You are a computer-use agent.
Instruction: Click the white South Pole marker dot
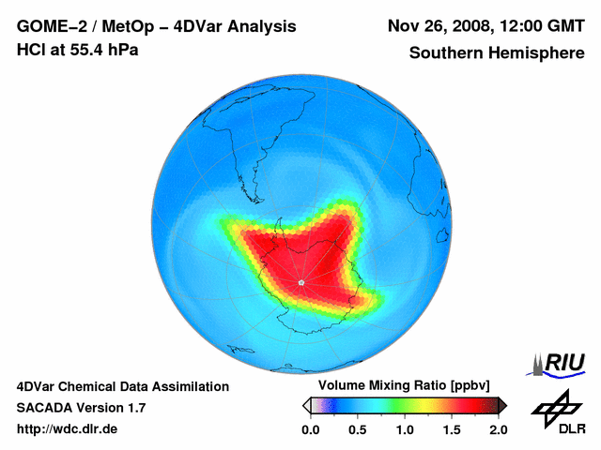300,281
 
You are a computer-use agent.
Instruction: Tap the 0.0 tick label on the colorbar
311,429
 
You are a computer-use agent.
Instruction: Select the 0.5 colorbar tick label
358,429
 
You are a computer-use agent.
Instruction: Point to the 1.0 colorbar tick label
405,429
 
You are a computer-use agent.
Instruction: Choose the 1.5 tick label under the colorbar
452,429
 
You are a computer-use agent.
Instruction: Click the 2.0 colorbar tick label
498,429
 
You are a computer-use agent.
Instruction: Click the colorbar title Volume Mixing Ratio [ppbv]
404,386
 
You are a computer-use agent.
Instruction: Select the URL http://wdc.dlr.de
68,429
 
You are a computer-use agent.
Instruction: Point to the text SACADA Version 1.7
82,408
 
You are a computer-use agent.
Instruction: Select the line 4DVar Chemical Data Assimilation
122,386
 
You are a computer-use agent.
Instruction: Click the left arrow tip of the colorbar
306,405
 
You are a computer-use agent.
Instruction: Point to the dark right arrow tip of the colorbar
502,405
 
